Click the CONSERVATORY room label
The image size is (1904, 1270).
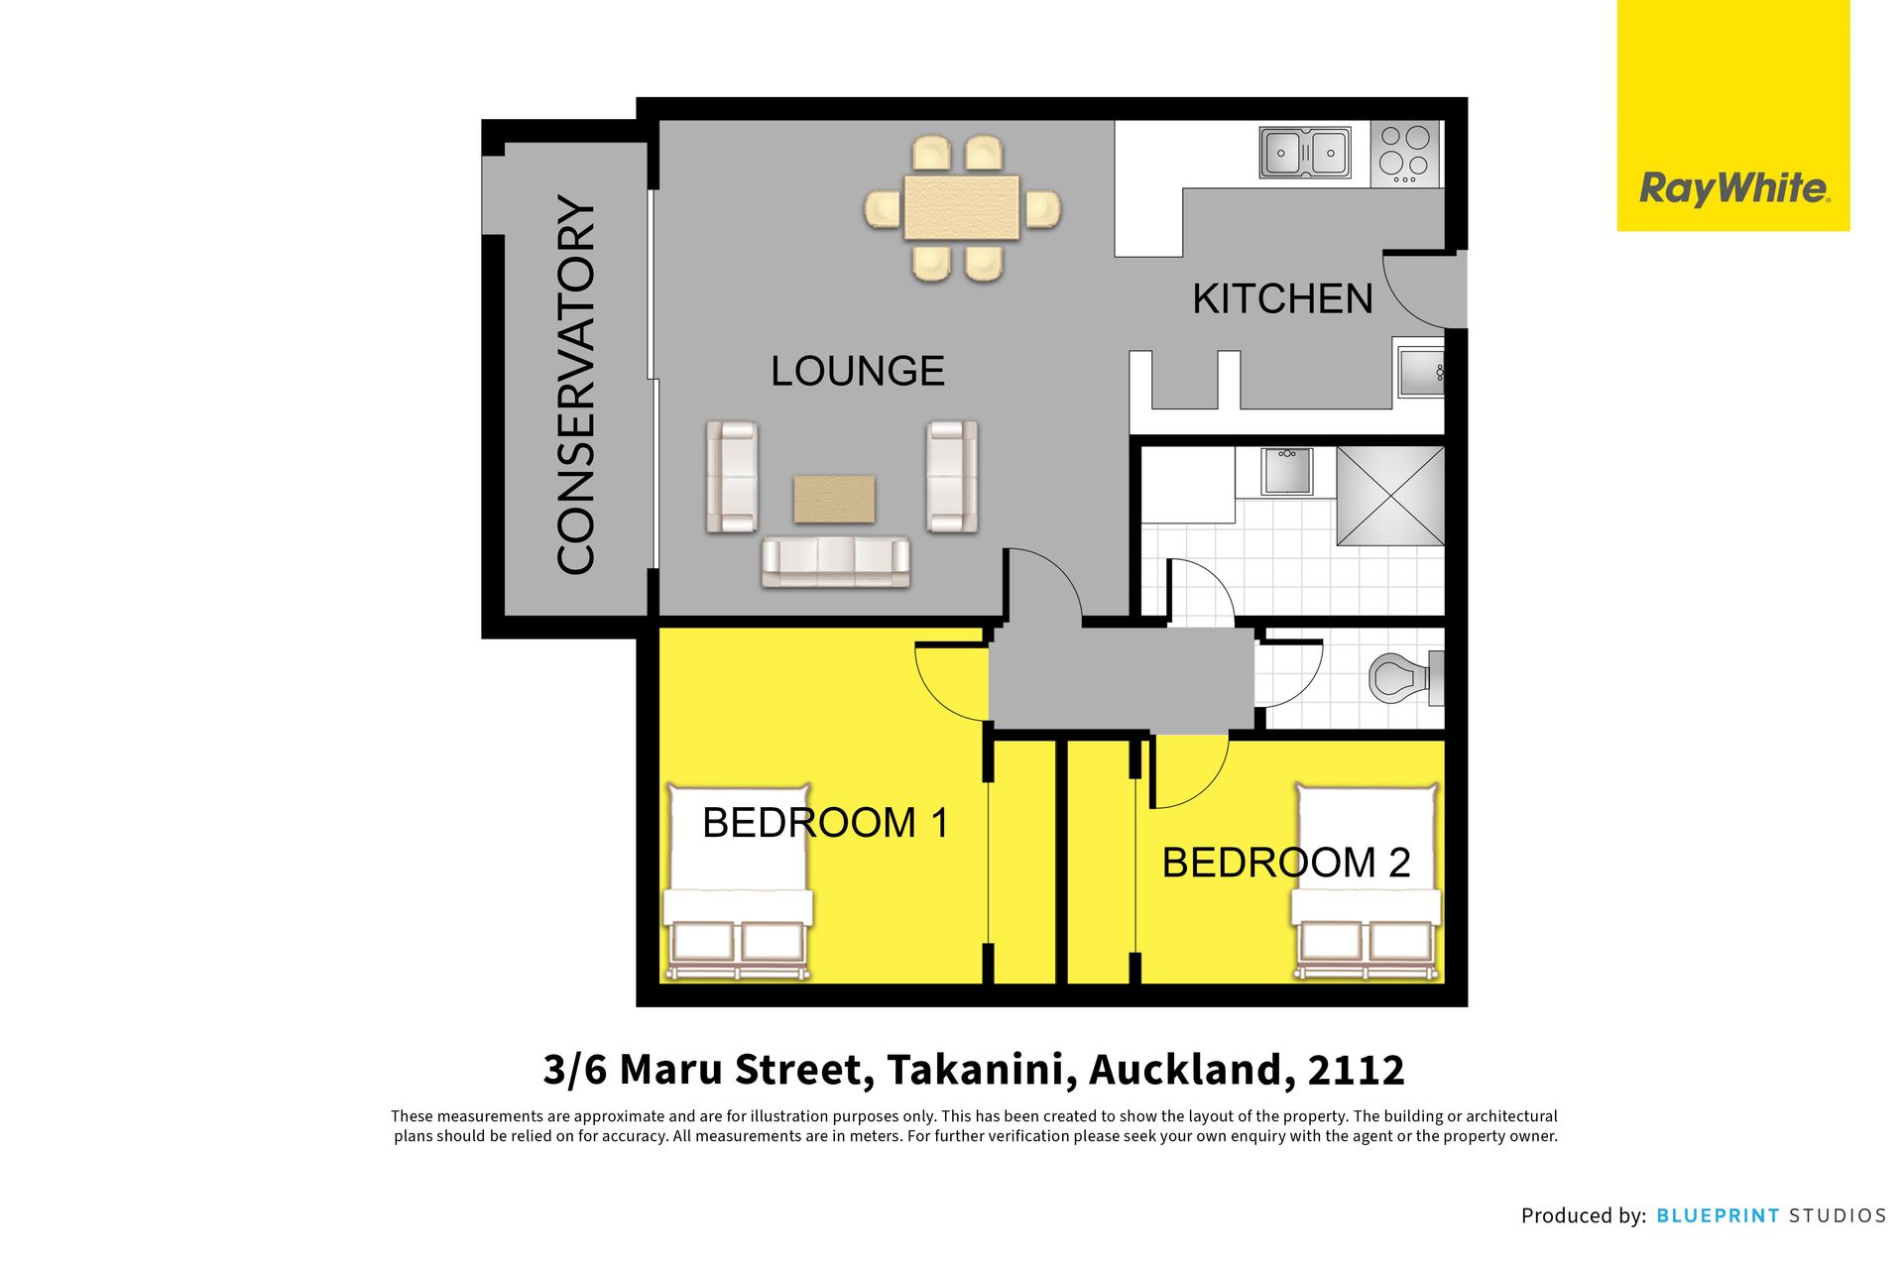576,385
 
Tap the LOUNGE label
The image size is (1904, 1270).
858,372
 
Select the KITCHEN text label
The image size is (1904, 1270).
1282,299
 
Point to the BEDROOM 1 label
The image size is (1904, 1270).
825,823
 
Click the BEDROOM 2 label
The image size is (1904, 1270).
1286,863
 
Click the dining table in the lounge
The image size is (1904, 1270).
962,208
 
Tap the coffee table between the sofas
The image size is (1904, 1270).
834,499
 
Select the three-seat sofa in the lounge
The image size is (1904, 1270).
835,561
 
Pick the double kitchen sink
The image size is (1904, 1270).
1305,153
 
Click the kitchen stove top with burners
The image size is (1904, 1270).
1405,154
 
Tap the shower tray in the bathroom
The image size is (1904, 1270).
1390,496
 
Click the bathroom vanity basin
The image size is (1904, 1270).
1287,471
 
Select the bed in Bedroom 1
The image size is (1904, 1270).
737,882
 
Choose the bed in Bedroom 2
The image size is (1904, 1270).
1366,882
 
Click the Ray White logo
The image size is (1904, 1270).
1733,116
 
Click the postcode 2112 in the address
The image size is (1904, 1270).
1356,1070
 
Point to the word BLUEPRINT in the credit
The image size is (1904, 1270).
1718,1215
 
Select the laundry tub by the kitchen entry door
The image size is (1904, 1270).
1420,372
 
